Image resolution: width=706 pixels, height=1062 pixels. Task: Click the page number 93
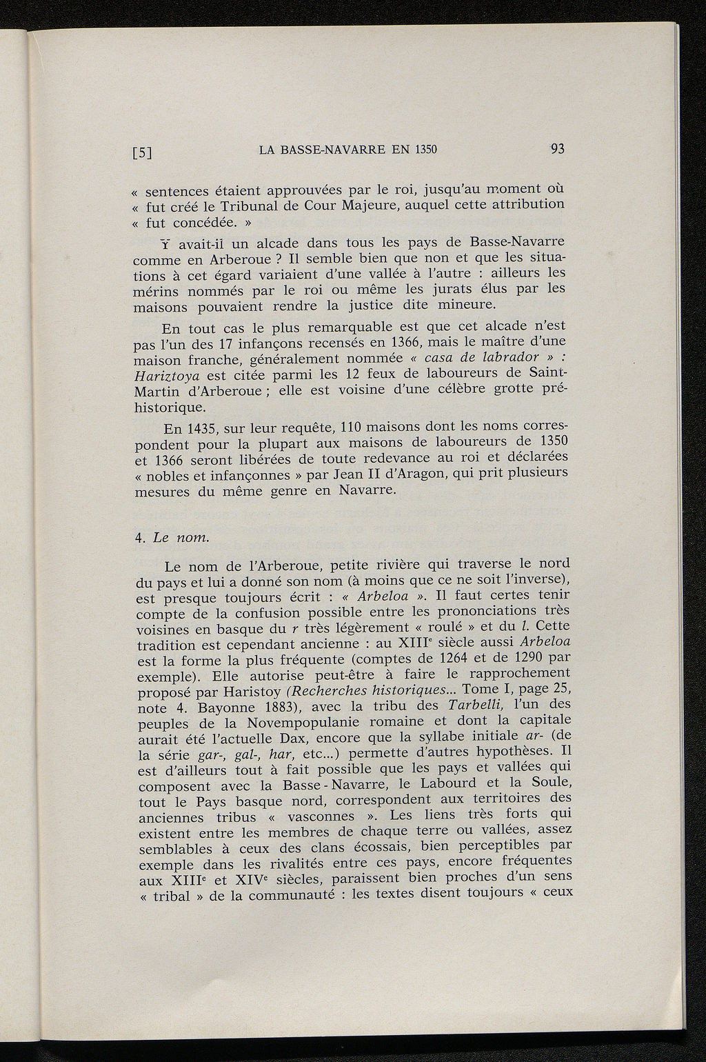click(558, 149)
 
